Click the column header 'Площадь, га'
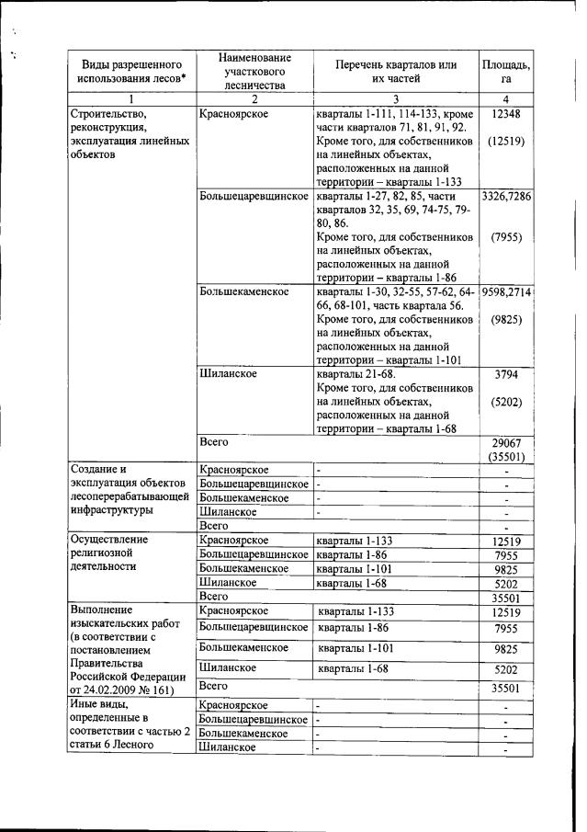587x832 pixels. tap(505, 71)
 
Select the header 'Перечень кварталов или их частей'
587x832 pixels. tap(396, 71)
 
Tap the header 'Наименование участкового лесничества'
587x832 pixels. tap(254, 71)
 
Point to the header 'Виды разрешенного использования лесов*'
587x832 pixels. tap(131, 71)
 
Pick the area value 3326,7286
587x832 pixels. tap(505, 197)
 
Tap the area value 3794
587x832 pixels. tap(505, 374)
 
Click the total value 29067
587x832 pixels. tap(505, 442)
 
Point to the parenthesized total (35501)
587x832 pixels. tap(505, 457)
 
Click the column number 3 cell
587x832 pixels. tap(396, 98)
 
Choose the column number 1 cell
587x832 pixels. tap(131, 98)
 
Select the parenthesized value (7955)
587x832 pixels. tap(505, 237)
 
